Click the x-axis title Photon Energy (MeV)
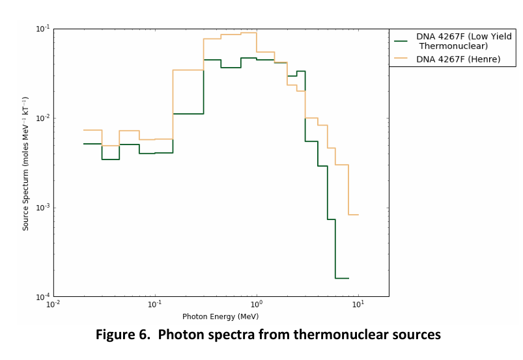[x=220, y=317]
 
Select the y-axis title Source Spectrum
[x=26, y=163]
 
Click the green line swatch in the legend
[x=401, y=40]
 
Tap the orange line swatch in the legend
[x=401, y=59]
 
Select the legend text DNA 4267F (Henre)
[x=459, y=59]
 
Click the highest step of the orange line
[x=249, y=33]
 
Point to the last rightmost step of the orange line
[x=354, y=215]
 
